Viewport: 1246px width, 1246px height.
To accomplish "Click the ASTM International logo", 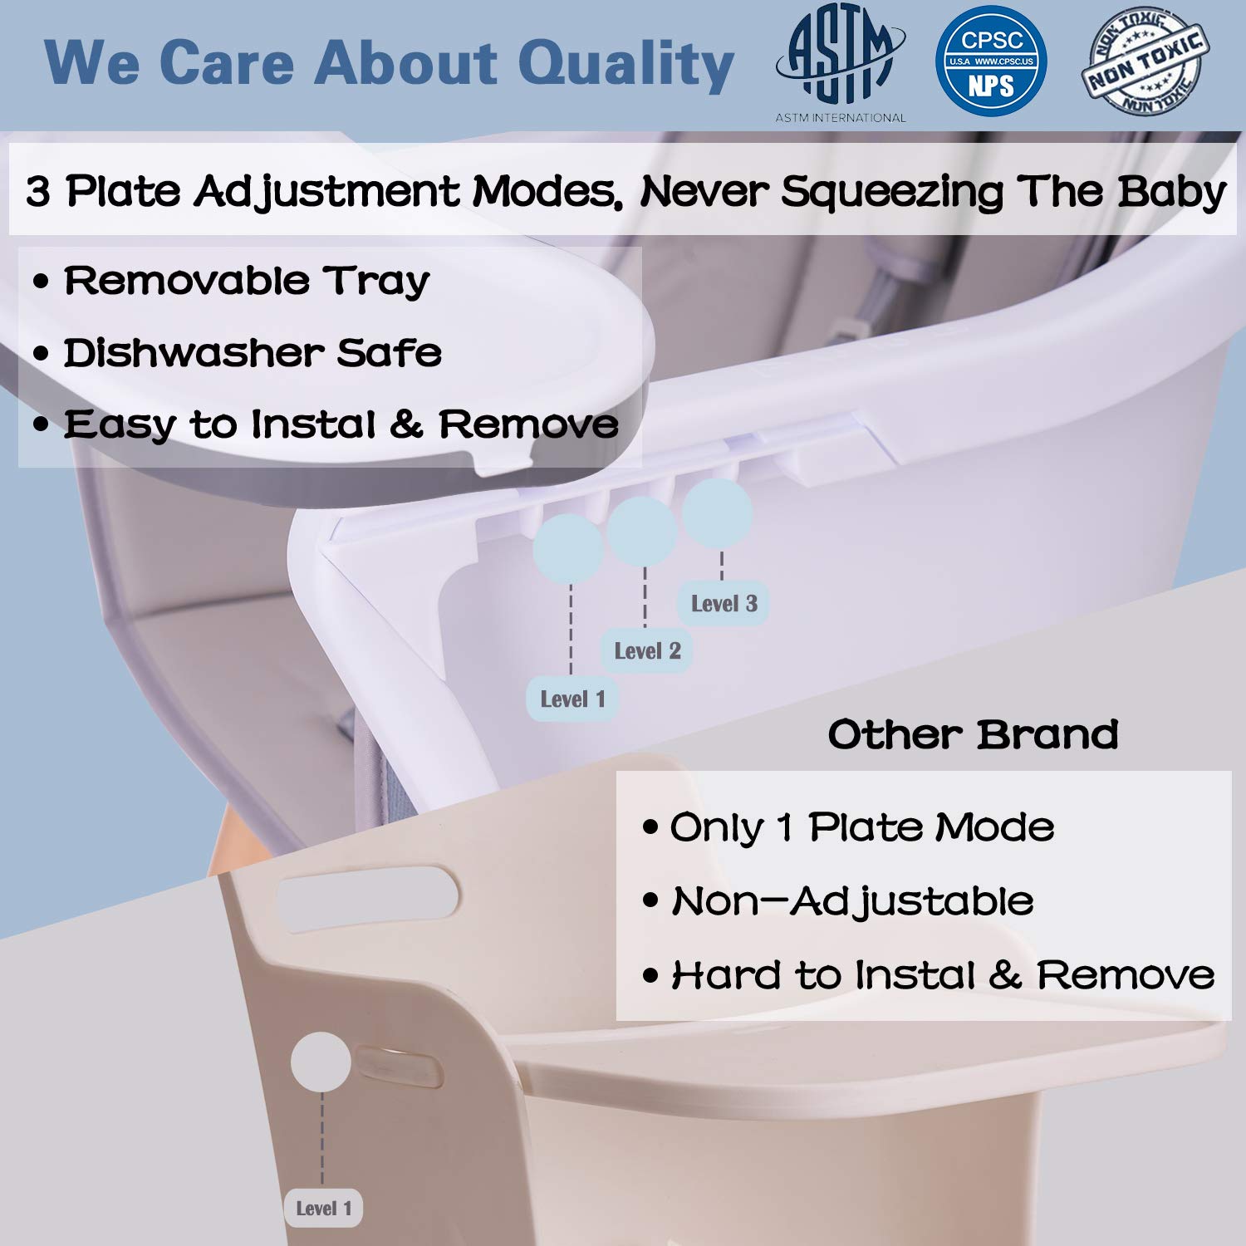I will (x=840, y=60).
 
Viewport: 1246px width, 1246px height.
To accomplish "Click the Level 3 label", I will (x=724, y=604).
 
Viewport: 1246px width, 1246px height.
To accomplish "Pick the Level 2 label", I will (x=647, y=651).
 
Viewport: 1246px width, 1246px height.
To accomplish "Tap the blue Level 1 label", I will (x=572, y=699).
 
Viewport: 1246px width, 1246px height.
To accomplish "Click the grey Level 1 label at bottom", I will (x=324, y=1209).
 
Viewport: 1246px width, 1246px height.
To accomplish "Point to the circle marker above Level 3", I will (x=717, y=513).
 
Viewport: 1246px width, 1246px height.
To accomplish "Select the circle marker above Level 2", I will (x=641, y=532).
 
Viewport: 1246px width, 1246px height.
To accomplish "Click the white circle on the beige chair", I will (x=321, y=1062).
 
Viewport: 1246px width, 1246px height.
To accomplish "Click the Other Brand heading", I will (x=973, y=734).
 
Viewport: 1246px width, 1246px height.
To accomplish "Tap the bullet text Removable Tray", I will (x=247, y=281).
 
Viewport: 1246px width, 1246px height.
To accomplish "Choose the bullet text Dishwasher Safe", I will (x=253, y=353).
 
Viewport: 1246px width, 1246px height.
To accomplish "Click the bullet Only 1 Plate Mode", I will (x=862, y=827).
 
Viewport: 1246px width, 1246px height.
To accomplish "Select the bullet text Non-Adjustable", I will (x=852, y=901).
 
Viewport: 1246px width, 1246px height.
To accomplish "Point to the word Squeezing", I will (x=891, y=193).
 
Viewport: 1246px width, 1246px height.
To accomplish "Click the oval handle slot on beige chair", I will (x=367, y=898).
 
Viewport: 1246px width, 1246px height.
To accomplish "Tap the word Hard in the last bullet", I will (x=726, y=975).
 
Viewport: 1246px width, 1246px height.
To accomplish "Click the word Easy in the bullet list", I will (x=120, y=425).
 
